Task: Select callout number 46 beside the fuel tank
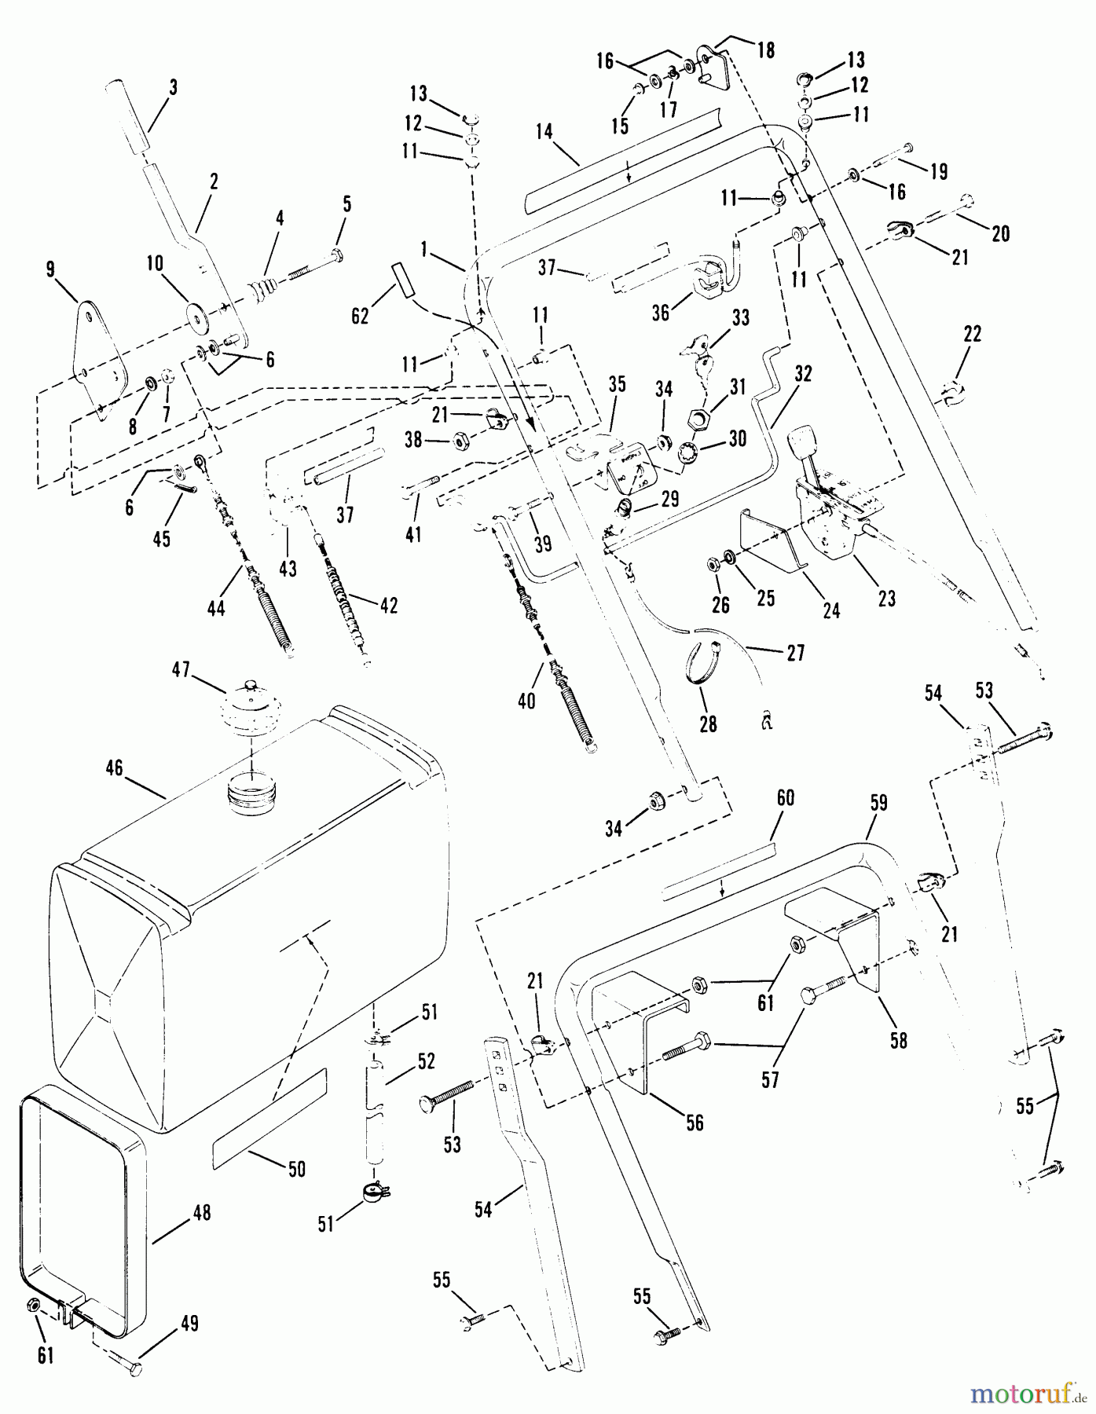click(x=115, y=767)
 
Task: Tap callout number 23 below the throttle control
click(x=886, y=599)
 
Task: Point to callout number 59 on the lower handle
click(x=878, y=802)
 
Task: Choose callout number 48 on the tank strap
click(x=202, y=1212)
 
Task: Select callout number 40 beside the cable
click(x=526, y=699)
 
